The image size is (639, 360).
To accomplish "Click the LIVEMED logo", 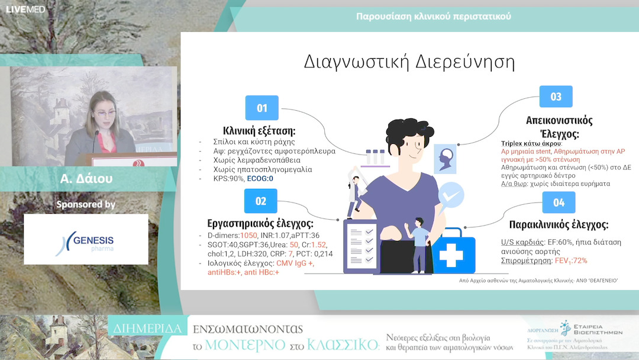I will (25, 9).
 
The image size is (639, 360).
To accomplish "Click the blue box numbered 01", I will (262, 108).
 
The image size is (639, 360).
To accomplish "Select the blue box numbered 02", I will (261, 201).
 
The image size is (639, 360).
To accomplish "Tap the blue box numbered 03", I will (556, 97).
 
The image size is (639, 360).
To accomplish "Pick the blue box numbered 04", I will (559, 202).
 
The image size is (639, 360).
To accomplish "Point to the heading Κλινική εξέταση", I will (259, 131).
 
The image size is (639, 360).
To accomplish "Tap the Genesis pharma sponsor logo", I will (86, 239).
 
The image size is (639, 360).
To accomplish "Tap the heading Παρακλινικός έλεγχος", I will (559, 225).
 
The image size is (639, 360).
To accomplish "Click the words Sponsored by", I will (86, 204).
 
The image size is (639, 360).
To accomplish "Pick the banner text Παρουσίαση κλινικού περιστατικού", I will (433, 16).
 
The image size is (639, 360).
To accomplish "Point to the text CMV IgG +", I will (294, 262).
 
